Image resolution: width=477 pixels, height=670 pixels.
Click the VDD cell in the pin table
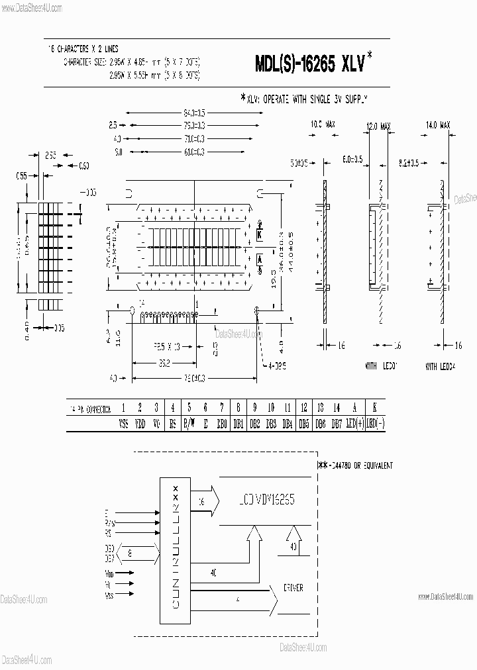140,423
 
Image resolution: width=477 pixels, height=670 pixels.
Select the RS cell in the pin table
173,423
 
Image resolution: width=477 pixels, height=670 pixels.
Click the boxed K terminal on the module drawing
260,234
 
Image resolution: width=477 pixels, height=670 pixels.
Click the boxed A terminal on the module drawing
260,259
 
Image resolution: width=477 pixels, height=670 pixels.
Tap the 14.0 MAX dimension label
439,124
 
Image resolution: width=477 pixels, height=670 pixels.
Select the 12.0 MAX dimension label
380,124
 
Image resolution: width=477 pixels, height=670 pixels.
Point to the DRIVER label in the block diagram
293,587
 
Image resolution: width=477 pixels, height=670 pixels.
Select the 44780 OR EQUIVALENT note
356,465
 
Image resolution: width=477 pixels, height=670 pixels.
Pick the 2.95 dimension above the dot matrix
50,156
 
